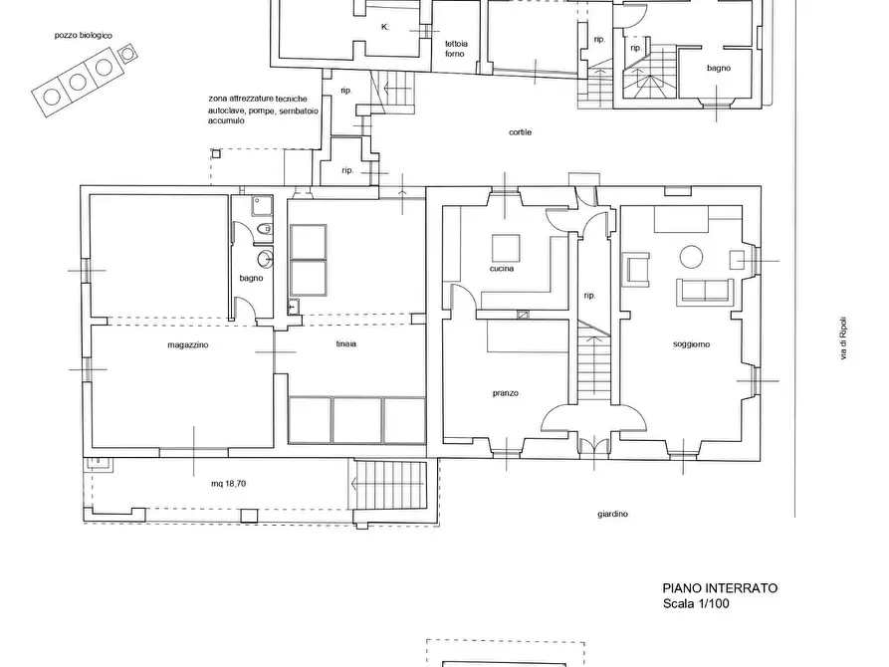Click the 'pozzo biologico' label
pos(84,35)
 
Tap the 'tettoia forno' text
pos(456,49)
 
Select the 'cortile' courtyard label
pos(520,132)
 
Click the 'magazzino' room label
pos(188,344)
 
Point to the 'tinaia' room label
pos(345,343)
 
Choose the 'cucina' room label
pos(502,268)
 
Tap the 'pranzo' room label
pos(505,393)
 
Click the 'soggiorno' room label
pos(691,344)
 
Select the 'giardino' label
pos(612,514)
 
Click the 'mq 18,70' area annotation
pos(228,484)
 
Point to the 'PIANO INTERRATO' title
pos(720,588)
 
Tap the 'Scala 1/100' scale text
pos(696,603)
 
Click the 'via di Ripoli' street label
pos(843,337)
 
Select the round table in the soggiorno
pos(692,257)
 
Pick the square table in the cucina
pos(506,248)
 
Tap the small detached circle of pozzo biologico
pos(127,54)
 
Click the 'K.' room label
pos(385,27)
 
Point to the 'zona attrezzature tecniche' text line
pos(258,99)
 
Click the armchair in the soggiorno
pos(637,268)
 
